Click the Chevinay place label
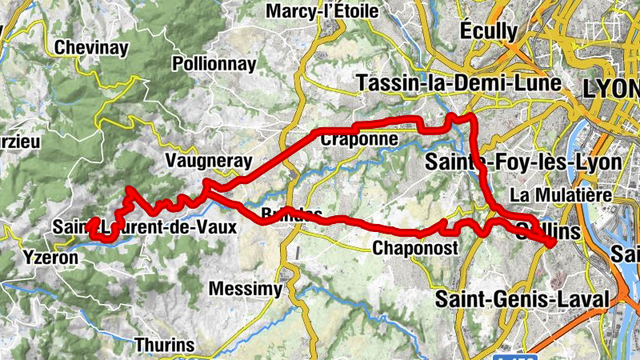[90, 48]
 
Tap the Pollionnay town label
[214, 64]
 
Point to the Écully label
[489, 30]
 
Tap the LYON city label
[612, 89]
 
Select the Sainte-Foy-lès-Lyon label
[523, 162]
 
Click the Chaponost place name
[415, 249]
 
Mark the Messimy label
[244, 288]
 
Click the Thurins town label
[166, 346]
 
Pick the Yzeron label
[51, 258]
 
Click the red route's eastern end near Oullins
[552, 242]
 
